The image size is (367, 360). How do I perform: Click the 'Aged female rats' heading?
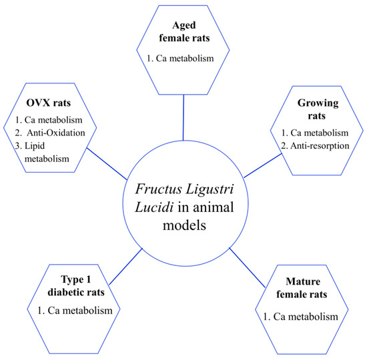point(183,33)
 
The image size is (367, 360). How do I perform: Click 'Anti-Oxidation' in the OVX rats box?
point(51,132)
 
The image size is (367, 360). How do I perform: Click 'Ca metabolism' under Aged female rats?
point(183,59)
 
